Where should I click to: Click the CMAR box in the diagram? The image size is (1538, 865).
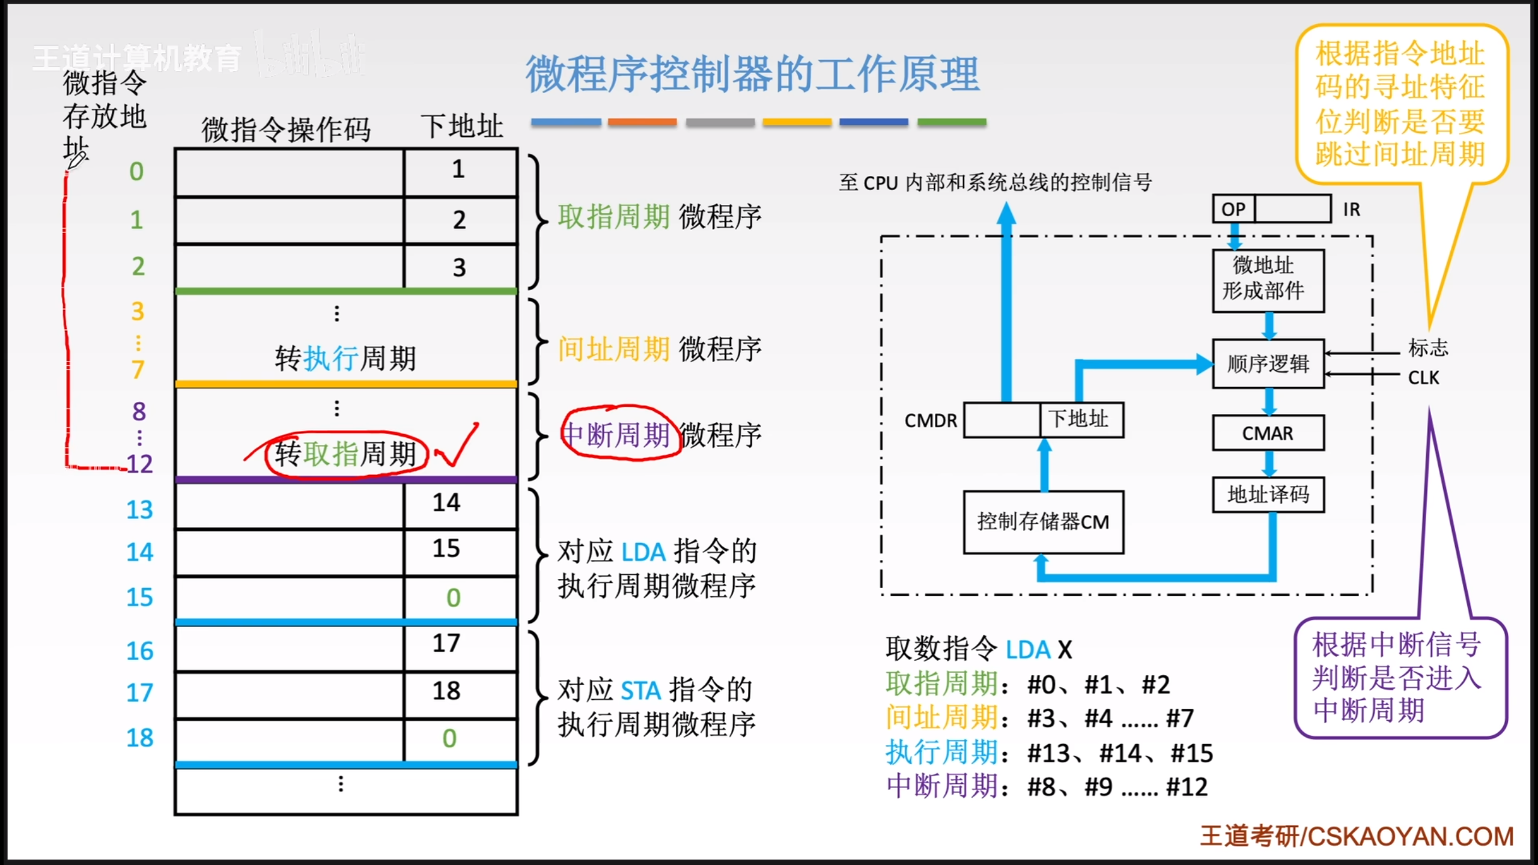click(x=1268, y=433)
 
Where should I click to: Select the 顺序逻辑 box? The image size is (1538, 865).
click(x=1268, y=364)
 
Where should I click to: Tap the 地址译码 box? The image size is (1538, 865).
click(x=1268, y=495)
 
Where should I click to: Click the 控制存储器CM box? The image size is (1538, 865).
click(x=1043, y=522)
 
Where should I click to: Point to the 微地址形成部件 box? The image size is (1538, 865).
click(x=1268, y=280)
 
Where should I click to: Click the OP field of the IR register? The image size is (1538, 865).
click(x=1233, y=209)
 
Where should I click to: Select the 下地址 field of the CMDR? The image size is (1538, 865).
click(x=1080, y=419)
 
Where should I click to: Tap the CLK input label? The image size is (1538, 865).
click(x=1423, y=378)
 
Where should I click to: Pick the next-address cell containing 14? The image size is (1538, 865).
click(x=447, y=503)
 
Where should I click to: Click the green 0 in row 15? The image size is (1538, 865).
click(x=453, y=598)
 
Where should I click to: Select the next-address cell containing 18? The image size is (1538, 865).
click(x=447, y=691)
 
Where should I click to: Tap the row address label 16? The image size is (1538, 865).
click(x=139, y=651)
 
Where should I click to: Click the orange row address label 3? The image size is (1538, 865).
click(x=138, y=311)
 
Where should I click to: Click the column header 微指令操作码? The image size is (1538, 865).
click(x=286, y=130)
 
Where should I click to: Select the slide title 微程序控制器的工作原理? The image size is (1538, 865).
click(x=752, y=74)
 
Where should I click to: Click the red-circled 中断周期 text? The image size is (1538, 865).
click(x=618, y=434)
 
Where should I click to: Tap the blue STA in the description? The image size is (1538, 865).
click(x=640, y=691)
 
